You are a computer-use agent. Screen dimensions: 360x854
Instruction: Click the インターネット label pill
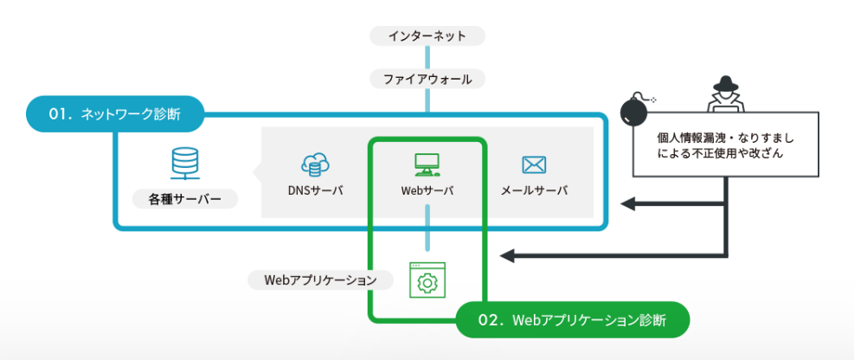427,36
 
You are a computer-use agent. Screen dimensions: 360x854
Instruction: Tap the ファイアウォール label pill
427,80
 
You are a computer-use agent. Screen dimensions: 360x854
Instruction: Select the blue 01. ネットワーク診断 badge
115,113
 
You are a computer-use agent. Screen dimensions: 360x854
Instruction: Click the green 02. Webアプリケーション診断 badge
572,319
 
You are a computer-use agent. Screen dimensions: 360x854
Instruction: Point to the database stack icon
184,162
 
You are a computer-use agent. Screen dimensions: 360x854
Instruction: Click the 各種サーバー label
184,200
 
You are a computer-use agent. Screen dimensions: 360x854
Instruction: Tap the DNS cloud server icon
315,164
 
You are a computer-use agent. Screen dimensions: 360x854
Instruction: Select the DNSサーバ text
316,190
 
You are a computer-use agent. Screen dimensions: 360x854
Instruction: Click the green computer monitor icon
427,163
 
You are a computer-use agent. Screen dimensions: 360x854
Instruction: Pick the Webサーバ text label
427,190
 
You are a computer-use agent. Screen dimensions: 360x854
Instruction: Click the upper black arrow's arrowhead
630,204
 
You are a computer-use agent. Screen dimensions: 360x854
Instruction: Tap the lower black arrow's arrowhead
509,255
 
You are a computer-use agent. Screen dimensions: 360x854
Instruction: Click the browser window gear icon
425,280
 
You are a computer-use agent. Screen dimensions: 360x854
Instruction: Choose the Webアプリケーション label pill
320,280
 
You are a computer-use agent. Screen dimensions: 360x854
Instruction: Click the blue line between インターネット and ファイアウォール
427,58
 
